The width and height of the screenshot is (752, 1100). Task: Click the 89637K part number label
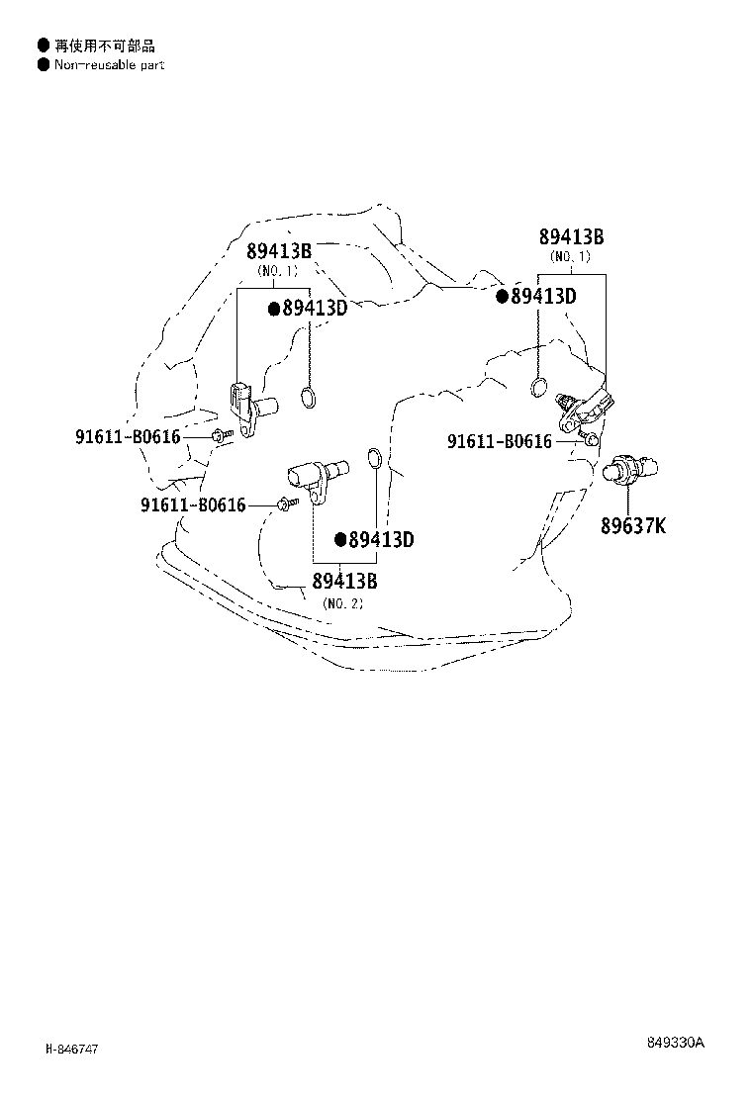632,525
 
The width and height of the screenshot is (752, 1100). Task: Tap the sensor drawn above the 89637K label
630,468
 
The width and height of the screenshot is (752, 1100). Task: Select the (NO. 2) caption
343,603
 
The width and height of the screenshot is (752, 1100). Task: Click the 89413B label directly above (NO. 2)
344,581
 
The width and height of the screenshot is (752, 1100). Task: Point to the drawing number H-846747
71,1050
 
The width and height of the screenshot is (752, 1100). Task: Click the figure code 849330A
676,1042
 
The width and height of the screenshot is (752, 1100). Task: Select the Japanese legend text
105,46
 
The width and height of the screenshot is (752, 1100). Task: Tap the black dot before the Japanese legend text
44,46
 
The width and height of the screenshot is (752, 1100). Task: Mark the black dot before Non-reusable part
44,64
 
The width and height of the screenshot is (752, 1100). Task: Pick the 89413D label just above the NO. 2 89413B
381,539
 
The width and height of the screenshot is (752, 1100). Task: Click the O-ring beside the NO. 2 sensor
375,458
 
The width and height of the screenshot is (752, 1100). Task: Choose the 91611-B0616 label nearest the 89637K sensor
500,441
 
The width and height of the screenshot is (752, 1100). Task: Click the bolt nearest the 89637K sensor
590,440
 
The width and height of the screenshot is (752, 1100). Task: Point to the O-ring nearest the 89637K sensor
538,387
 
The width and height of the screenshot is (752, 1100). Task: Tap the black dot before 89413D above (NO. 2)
341,539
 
